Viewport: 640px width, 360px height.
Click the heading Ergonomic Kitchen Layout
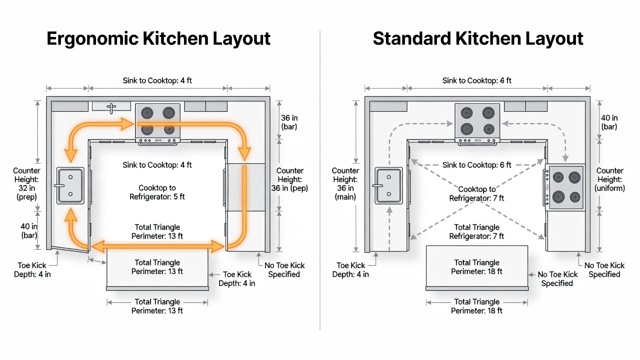click(x=158, y=39)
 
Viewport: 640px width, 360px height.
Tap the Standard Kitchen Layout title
click(x=477, y=39)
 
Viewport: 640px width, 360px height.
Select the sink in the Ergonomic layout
click(x=70, y=185)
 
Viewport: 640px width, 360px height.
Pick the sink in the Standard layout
click(x=388, y=185)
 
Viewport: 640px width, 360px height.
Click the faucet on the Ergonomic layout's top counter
click(x=111, y=108)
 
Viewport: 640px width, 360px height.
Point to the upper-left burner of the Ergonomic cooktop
click(x=147, y=113)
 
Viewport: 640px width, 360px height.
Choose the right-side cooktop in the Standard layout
click(x=565, y=187)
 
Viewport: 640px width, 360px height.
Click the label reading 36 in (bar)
click(x=289, y=122)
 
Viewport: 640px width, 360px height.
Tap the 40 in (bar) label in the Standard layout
click(x=609, y=122)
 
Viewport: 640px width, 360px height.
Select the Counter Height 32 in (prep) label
click(x=26, y=183)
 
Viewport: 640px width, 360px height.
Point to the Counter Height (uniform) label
click(x=609, y=179)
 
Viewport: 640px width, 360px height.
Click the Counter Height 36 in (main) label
click(x=345, y=183)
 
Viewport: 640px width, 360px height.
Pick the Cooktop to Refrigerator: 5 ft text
click(x=157, y=192)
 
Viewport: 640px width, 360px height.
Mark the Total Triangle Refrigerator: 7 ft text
click(x=476, y=231)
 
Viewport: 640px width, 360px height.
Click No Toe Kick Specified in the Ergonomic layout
click(x=284, y=270)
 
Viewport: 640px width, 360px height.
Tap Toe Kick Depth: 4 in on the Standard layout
click(x=350, y=270)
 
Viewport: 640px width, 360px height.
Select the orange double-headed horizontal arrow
click(x=157, y=246)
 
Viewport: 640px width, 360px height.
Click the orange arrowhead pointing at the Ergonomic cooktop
click(x=127, y=124)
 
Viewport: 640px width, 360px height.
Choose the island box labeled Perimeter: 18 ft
click(x=477, y=268)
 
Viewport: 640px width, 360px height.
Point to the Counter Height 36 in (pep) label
click(x=289, y=179)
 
